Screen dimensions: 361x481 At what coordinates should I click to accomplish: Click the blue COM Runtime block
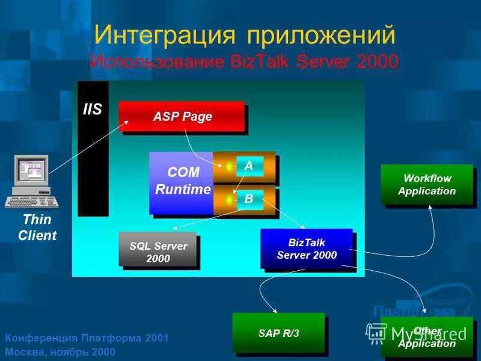tap(181, 182)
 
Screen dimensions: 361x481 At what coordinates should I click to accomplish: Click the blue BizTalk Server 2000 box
tap(306, 248)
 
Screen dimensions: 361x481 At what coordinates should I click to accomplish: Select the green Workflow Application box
tap(426, 185)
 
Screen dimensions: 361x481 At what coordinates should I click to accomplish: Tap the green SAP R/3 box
tap(278, 332)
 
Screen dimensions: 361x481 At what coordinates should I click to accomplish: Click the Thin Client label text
tap(37, 227)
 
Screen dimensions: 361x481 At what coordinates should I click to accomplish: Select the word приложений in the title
tap(319, 34)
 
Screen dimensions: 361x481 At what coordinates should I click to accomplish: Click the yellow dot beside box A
tap(229, 167)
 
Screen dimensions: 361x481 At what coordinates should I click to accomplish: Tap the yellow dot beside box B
tap(229, 199)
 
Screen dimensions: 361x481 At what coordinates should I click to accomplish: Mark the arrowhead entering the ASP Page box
tap(127, 122)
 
